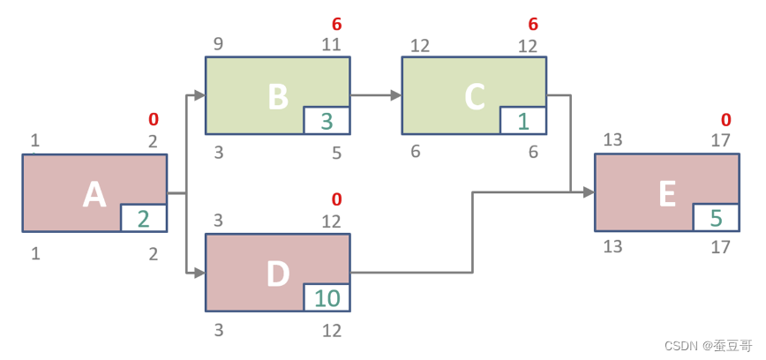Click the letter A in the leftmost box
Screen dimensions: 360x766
pos(94,194)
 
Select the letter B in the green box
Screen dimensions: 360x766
pos(278,97)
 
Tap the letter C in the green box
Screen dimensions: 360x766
pos(474,97)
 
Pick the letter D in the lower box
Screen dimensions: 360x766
pos(278,274)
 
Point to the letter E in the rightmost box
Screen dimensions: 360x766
pos(667,193)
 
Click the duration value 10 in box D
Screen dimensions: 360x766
pos(327,298)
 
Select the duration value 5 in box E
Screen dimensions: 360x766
pos(716,217)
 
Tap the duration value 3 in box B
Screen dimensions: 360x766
pos(327,121)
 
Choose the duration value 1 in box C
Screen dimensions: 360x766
pos(522,121)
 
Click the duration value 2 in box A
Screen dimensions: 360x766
pos(144,218)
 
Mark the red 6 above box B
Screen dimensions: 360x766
pos(336,24)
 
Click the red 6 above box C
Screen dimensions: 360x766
pos(533,24)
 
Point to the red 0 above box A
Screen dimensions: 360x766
pos(154,119)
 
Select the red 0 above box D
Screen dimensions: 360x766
pos(336,199)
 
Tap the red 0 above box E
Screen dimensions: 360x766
pos(725,119)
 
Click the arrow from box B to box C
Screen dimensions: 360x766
pos(376,95)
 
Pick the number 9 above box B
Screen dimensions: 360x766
pos(218,44)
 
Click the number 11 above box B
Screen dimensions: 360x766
pos(331,44)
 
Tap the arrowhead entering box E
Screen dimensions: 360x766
pos(589,191)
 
